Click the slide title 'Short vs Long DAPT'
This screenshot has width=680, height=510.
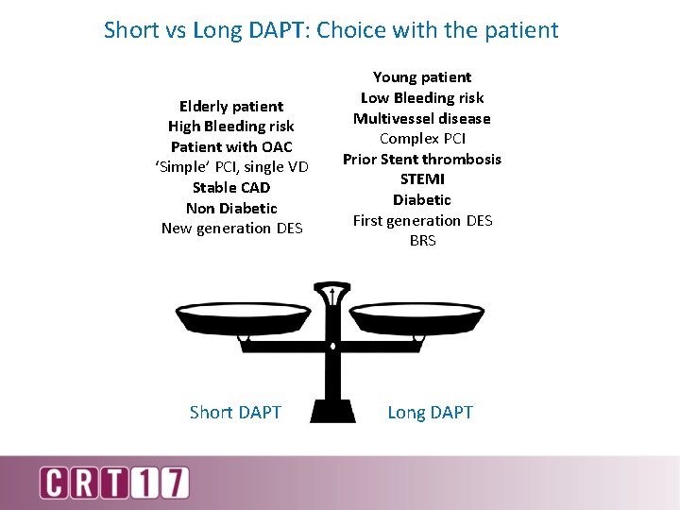(x=331, y=30)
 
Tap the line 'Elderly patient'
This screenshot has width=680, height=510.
(x=231, y=106)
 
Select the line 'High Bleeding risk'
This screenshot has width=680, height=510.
(x=231, y=126)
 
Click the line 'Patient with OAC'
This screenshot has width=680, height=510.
(x=231, y=146)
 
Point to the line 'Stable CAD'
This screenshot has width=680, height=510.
(x=231, y=187)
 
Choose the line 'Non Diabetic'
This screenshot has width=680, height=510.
(x=231, y=208)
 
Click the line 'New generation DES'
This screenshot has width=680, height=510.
(x=231, y=228)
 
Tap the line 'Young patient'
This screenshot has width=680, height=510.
(x=422, y=76)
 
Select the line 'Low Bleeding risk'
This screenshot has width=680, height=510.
(x=422, y=97)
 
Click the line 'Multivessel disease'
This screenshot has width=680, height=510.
(x=422, y=118)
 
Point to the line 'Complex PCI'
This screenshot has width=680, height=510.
(x=422, y=138)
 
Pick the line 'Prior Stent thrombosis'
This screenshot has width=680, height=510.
(x=422, y=159)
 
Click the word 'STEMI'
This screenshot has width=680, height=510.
(x=422, y=178)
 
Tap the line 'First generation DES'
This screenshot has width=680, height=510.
(x=422, y=220)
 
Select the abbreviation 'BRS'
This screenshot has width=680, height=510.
(x=422, y=241)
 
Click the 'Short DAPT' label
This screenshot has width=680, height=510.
(x=235, y=412)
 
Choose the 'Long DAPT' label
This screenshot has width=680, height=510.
(x=430, y=412)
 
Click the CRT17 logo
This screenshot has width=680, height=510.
(x=113, y=482)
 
